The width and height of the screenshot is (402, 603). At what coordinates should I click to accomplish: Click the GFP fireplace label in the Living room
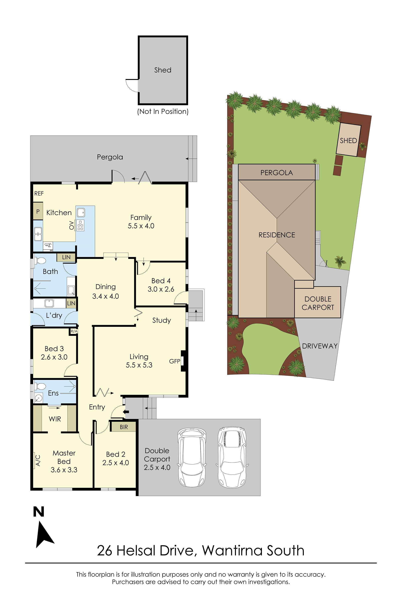[175, 361]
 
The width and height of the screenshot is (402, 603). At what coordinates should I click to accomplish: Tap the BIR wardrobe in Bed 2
[123, 427]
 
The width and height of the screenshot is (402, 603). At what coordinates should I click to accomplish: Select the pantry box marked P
[38, 211]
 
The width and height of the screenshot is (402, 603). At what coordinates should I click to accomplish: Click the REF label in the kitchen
[39, 193]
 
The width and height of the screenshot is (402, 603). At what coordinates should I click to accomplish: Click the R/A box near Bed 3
[74, 331]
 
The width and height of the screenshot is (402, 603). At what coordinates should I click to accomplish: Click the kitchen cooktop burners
[80, 225]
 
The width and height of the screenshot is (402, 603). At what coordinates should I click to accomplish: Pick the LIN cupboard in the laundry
[71, 303]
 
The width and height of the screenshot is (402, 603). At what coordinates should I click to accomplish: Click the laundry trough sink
[49, 303]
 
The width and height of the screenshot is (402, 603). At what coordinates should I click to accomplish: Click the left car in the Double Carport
[192, 458]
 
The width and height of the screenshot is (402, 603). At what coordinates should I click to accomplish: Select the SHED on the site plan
[348, 140]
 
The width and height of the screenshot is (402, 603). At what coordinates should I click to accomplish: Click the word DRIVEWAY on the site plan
[319, 346]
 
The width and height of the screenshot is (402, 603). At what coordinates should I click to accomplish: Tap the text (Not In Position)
[163, 111]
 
